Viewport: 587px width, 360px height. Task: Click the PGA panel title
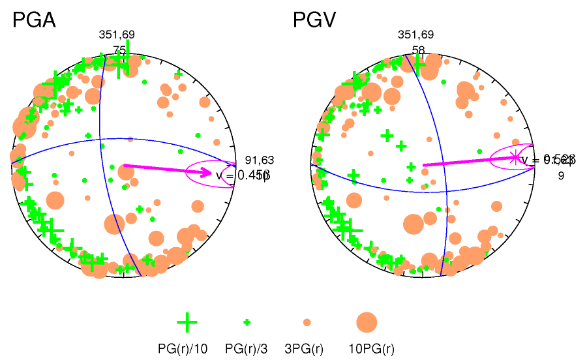pos(34,20)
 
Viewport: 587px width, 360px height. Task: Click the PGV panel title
pos(314,20)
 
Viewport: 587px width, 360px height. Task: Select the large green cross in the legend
pos(187,322)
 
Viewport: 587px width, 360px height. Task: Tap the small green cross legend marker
pos(247,322)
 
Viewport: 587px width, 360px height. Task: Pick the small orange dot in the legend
pos(307,322)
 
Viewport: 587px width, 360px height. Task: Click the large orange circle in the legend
pos(367,322)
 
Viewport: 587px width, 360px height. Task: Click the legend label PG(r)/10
pos(183,349)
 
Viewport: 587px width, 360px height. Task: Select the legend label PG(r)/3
pos(247,349)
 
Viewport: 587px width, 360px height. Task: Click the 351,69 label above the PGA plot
pos(117,35)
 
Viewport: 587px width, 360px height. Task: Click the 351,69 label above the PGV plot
pos(415,35)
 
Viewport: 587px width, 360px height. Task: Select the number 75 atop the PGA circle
pos(119,50)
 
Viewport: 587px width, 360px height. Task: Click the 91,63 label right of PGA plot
pos(260,160)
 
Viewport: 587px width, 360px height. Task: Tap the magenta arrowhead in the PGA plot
pos(207,173)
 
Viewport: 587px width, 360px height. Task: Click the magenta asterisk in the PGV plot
pos(515,157)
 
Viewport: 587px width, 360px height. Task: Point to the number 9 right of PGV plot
pos(560,175)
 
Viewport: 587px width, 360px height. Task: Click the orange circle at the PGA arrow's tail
pos(126,173)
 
